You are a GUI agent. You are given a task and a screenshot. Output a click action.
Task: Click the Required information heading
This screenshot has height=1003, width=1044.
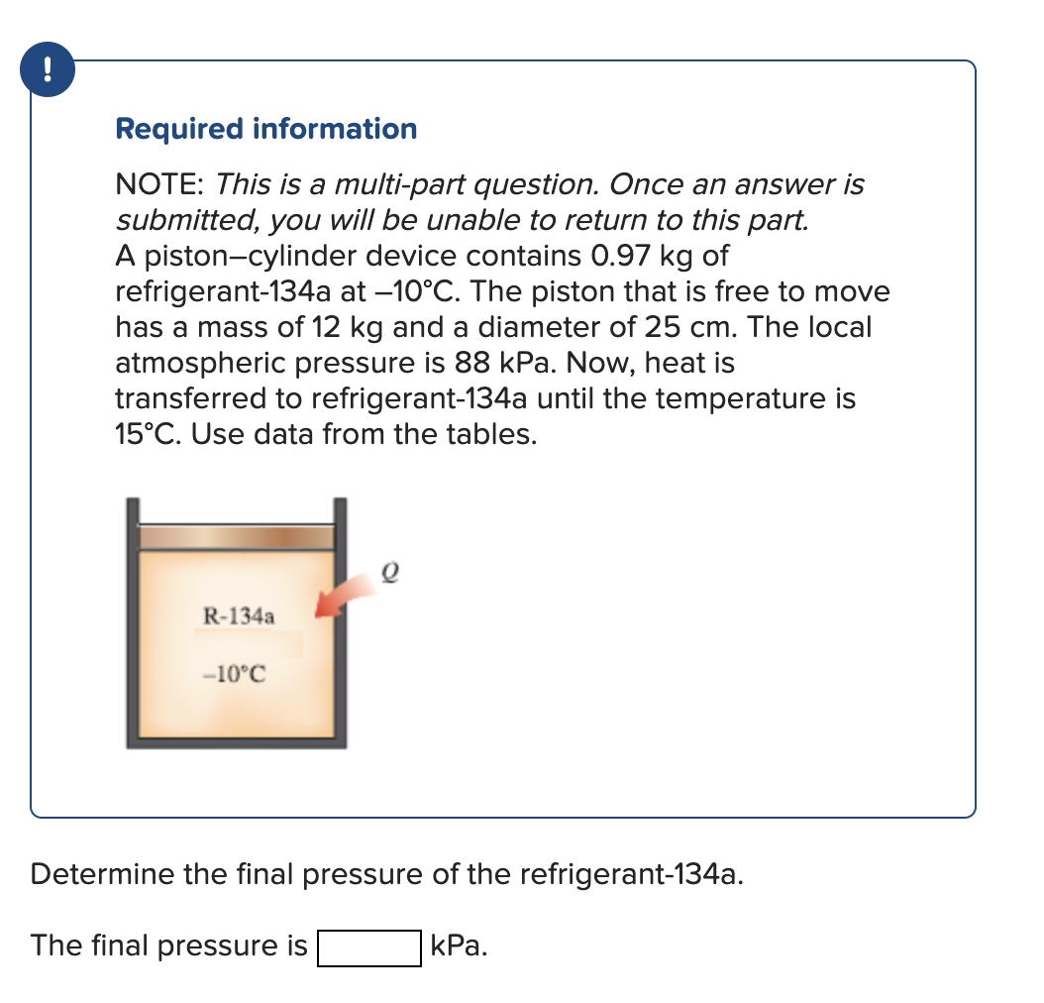(265, 129)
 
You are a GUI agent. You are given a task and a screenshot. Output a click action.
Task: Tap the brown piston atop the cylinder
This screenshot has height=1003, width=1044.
(235, 536)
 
